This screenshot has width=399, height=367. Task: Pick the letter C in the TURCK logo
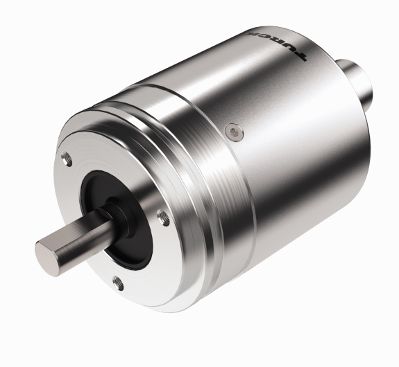click(x=260, y=37)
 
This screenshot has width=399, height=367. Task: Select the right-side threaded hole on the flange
click(x=164, y=219)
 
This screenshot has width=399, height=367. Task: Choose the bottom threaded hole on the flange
click(x=117, y=280)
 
